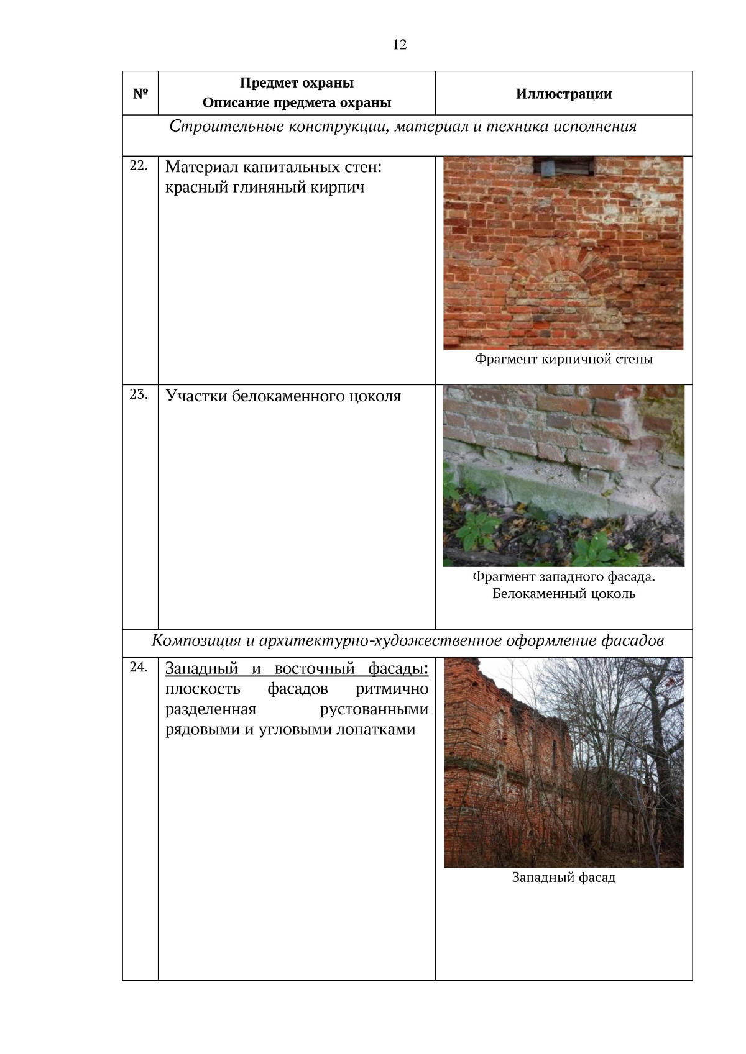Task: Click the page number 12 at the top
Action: tap(399, 45)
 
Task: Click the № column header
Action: tap(140, 94)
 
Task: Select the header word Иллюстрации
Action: tap(564, 94)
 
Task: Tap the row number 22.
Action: tap(139, 166)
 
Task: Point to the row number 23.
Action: tap(139, 394)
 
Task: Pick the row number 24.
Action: tap(139, 667)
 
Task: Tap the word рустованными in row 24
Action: tap(374, 709)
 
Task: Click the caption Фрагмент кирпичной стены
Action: tap(564, 360)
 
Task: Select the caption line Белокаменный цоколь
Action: tap(564, 594)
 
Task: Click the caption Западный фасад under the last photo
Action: tap(564, 878)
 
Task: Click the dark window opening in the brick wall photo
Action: tap(563, 166)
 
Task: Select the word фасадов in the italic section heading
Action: tap(632, 641)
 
